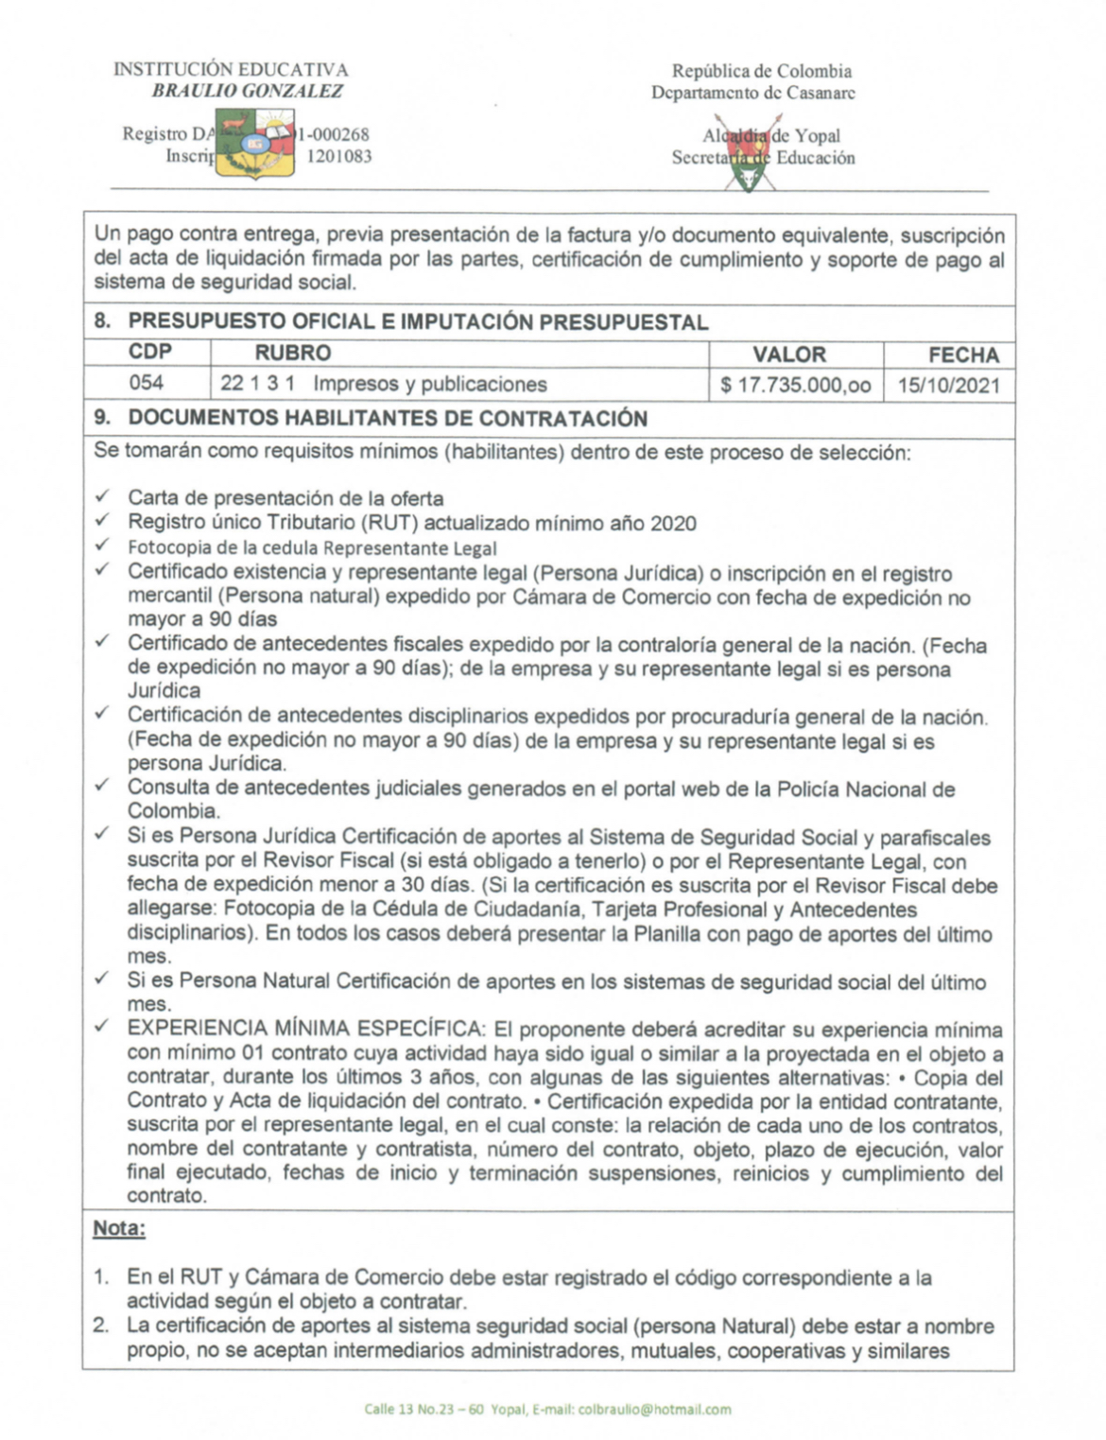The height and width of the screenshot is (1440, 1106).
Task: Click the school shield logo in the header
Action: click(254, 145)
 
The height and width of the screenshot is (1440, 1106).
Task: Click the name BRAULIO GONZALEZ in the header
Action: click(248, 92)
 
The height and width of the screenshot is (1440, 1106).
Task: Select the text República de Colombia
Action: click(761, 71)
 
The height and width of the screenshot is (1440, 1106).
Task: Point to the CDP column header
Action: click(150, 353)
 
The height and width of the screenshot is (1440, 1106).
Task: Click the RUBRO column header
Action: click(293, 354)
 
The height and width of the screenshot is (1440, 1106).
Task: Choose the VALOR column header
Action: click(789, 355)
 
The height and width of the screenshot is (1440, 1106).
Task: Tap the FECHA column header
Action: click(963, 356)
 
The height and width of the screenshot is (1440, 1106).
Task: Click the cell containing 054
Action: click(147, 383)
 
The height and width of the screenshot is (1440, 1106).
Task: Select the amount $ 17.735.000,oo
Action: click(795, 385)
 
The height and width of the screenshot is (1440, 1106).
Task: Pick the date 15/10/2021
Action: click(949, 386)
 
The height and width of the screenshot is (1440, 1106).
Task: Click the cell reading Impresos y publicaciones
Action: click(430, 384)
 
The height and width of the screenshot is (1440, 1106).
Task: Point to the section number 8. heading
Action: click(102, 321)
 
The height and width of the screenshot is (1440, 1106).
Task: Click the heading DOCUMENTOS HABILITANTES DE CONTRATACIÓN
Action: click(388, 418)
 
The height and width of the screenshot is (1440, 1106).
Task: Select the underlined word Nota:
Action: click(119, 1228)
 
